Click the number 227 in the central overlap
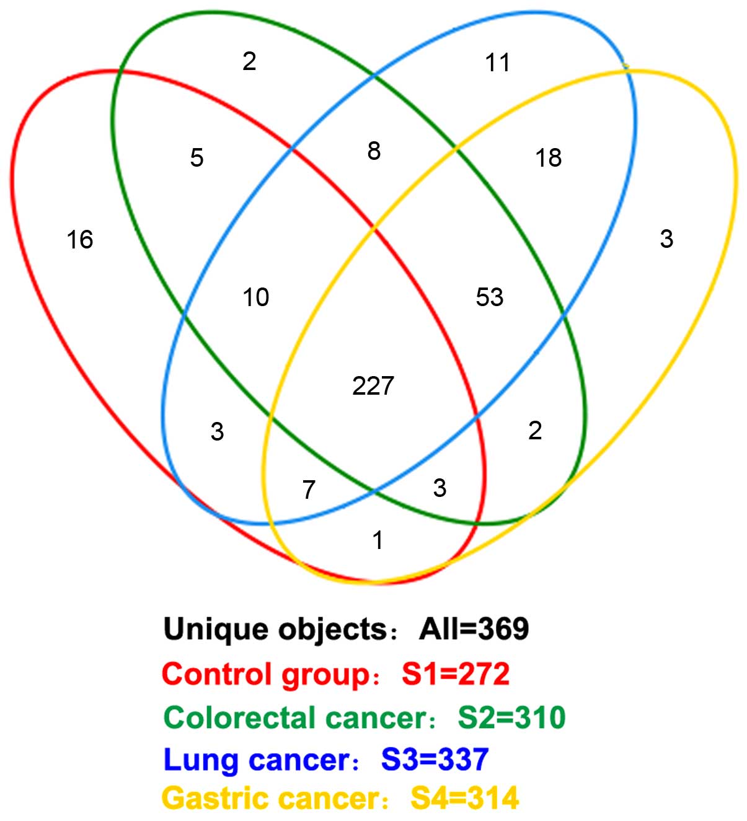tap(373, 386)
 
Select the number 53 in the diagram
tap(490, 297)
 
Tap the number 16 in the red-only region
tap(80, 240)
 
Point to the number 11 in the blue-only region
tap(498, 63)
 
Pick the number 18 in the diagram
tap(549, 158)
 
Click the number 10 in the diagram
tap(256, 297)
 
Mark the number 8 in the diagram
tap(374, 151)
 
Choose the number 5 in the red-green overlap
tap(197, 158)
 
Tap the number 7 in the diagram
tap(309, 490)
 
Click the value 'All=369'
tap(474, 630)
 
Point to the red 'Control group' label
tap(266, 674)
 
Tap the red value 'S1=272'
tap(456, 674)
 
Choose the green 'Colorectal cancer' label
tap(295, 718)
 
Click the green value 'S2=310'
tap(511, 718)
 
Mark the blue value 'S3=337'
tap(435, 760)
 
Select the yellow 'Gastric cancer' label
tap(272, 799)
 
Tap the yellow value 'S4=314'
tap(464, 799)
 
